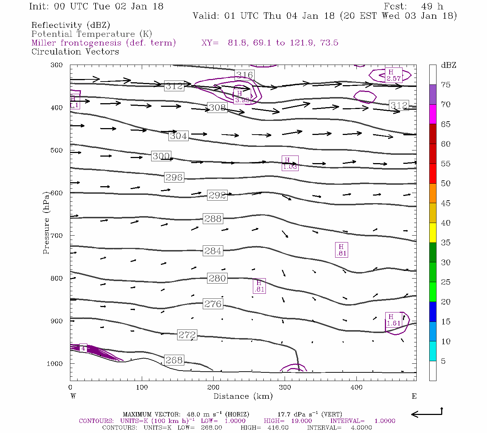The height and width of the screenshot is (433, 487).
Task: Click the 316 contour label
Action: [244, 75]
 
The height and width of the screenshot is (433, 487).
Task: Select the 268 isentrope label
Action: [174, 360]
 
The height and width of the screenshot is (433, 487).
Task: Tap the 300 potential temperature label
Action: [161, 156]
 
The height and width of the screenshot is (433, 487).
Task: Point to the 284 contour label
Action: [213, 251]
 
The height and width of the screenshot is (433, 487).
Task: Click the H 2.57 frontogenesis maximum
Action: [393, 75]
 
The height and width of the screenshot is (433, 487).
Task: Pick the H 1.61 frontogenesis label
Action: [393, 320]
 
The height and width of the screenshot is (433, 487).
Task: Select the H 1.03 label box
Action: [290, 163]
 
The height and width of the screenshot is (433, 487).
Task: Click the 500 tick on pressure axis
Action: [57, 150]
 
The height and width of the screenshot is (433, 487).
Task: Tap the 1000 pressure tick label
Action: [55, 364]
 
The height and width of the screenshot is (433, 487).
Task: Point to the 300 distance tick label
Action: [285, 388]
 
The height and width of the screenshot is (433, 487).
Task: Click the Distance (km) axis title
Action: [243, 396]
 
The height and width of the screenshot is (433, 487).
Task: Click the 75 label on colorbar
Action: [446, 85]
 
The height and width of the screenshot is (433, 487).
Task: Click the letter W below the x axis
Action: [73, 396]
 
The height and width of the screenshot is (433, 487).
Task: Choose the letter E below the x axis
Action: [414, 396]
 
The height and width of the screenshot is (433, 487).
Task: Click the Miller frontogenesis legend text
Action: [104, 43]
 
